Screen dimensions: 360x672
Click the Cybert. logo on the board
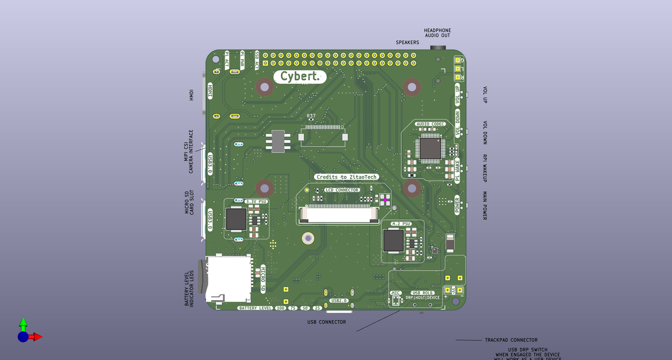click(300, 77)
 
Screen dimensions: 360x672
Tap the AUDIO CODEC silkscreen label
click(431, 124)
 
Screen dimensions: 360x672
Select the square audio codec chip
click(430, 147)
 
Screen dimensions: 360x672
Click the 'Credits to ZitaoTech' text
click(346, 177)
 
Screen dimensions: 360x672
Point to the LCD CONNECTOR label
click(342, 190)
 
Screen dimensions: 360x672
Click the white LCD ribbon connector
click(339, 214)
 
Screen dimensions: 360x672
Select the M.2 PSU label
click(401, 224)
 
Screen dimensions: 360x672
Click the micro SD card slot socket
click(228, 279)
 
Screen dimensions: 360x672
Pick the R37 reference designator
click(311, 116)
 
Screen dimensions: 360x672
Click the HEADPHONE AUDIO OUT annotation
click(437, 33)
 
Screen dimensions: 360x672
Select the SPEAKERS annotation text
click(407, 42)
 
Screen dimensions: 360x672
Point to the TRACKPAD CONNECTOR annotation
click(511, 340)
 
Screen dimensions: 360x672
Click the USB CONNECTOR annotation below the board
click(326, 322)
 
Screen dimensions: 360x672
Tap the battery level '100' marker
click(280, 308)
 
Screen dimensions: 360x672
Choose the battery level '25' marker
click(318, 308)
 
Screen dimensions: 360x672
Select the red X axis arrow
click(36, 337)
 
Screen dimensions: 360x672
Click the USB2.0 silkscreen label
click(339, 301)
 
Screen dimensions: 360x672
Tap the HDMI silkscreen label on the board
click(210, 90)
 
